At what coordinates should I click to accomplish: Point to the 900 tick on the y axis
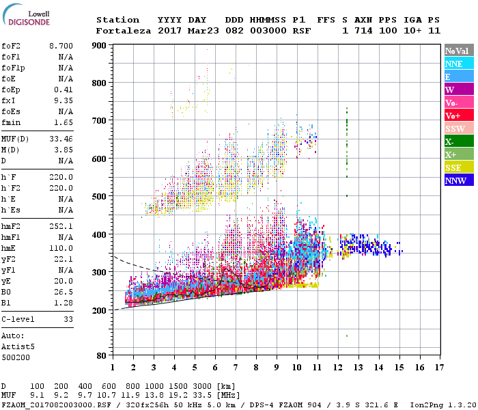click(x=99, y=46)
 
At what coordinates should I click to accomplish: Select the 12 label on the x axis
click(x=338, y=368)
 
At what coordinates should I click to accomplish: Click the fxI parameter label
click(x=10, y=99)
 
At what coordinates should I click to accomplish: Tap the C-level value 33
click(x=68, y=319)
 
